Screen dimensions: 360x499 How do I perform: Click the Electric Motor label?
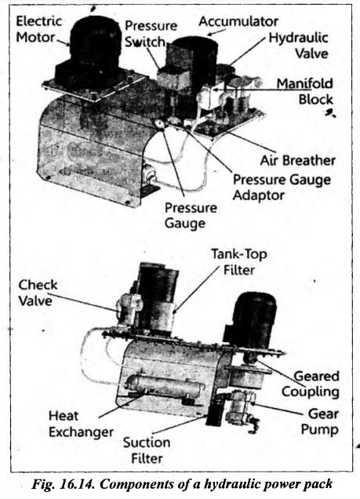tap(38, 29)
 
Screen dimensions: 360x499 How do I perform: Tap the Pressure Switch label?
tap(150, 34)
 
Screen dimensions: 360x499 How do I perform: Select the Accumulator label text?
tap(238, 22)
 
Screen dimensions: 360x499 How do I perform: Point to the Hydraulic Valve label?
tap(298, 46)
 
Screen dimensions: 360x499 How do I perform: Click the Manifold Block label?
tap(304, 91)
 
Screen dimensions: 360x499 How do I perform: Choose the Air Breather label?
tap(298, 160)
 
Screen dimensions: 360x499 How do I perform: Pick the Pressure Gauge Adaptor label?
tap(282, 188)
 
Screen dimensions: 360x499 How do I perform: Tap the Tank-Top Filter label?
tap(239, 262)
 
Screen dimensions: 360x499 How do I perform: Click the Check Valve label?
tap(38, 293)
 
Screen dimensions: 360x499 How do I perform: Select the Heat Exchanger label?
tap(81, 424)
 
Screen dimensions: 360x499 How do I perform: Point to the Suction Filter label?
tap(147, 450)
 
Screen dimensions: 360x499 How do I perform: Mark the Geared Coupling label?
tap(311, 384)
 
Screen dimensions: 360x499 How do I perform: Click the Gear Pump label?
tap(320, 421)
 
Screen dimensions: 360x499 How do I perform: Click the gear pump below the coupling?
tap(241, 407)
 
